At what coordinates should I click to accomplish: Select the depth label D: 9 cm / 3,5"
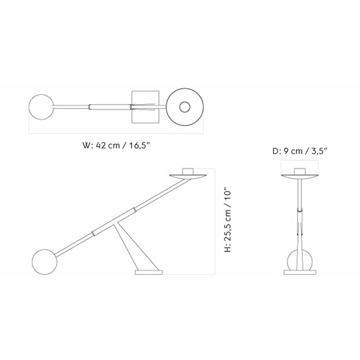click(x=300, y=151)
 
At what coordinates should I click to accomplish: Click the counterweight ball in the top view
click(x=40, y=107)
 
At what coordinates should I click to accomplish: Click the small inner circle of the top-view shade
click(x=184, y=107)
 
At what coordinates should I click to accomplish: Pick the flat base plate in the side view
click(x=148, y=273)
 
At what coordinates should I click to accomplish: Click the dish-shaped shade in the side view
click(x=188, y=176)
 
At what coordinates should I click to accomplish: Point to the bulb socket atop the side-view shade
click(x=188, y=171)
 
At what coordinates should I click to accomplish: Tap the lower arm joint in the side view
click(x=93, y=233)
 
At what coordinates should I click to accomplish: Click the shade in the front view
click(x=299, y=176)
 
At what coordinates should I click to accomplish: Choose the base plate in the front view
click(x=299, y=273)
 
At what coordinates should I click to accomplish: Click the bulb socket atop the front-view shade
click(x=299, y=171)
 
